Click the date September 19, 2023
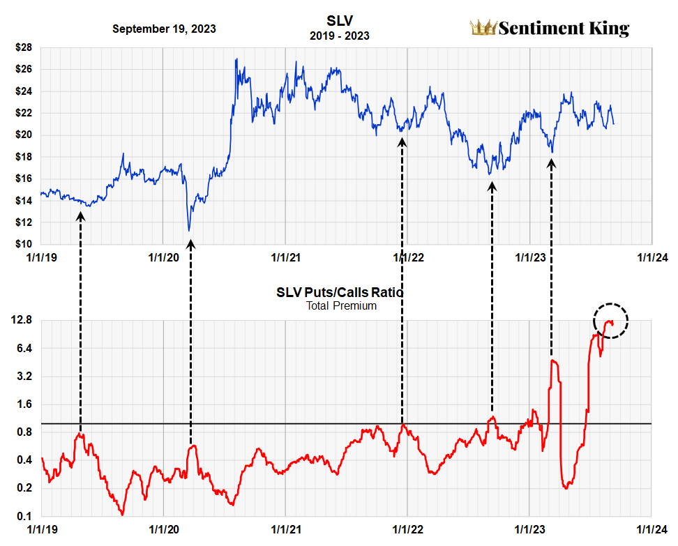(164, 29)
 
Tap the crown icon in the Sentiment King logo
(482, 28)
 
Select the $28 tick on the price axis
(24, 48)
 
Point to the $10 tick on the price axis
(24, 244)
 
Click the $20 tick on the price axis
(24, 135)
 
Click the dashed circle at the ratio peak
(611, 321)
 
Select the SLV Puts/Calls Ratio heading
(340, 293)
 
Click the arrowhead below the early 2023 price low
(552, 163)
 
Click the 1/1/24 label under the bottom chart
(652, 530)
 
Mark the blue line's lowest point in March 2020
(188, 230)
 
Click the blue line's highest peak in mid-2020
(236, 59)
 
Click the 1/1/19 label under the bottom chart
(41, 530)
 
